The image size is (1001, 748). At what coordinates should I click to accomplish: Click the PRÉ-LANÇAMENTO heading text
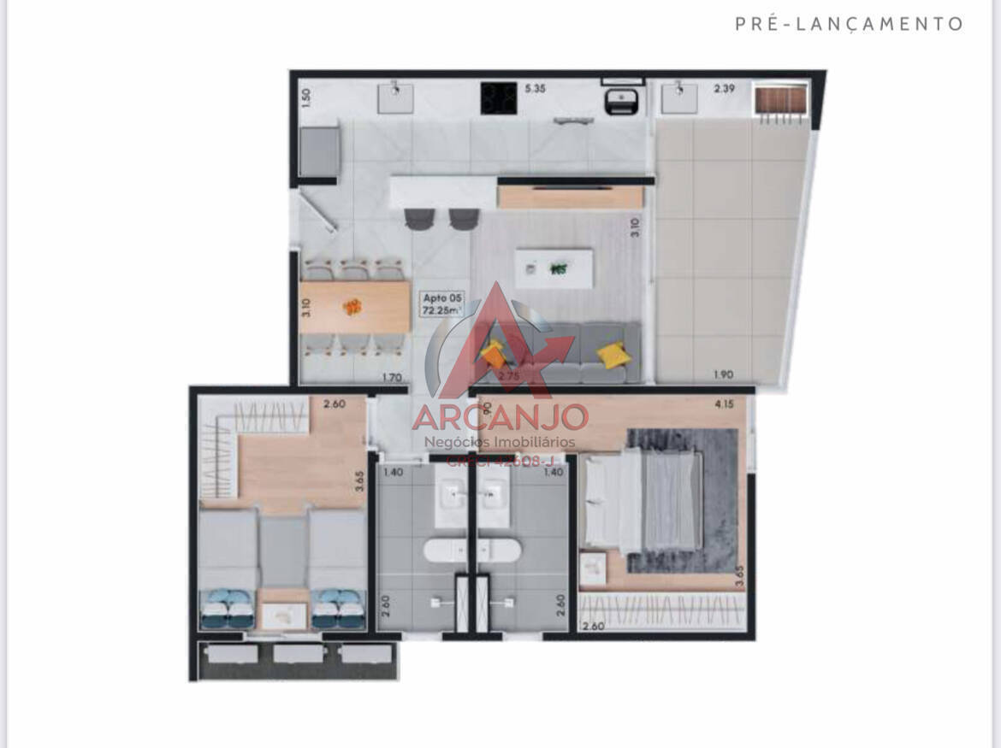849,24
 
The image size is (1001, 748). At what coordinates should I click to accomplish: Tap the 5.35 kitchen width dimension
535,88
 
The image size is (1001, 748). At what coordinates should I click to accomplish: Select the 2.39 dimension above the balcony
724,88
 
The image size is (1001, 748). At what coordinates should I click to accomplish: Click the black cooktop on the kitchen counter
496,97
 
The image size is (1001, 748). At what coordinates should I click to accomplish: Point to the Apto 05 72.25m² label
441,303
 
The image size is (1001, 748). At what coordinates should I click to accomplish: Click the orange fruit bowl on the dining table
352,306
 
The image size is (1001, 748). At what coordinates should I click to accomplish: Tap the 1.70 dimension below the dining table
392,376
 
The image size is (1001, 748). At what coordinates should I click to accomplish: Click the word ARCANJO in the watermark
500,417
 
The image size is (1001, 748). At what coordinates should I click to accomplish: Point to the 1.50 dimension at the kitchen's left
305,97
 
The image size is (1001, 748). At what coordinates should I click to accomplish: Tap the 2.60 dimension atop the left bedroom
334,404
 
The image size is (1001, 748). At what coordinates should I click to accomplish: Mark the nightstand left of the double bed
592,568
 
